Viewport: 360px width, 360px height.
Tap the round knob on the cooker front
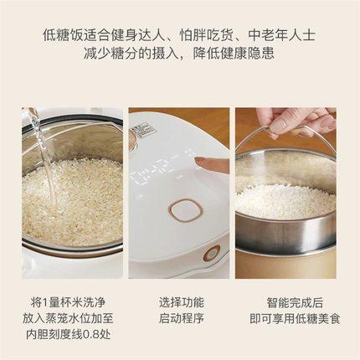click(211, 253)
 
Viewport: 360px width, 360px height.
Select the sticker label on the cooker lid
click(143, 129)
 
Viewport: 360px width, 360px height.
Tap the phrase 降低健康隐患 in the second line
click(245, 54)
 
